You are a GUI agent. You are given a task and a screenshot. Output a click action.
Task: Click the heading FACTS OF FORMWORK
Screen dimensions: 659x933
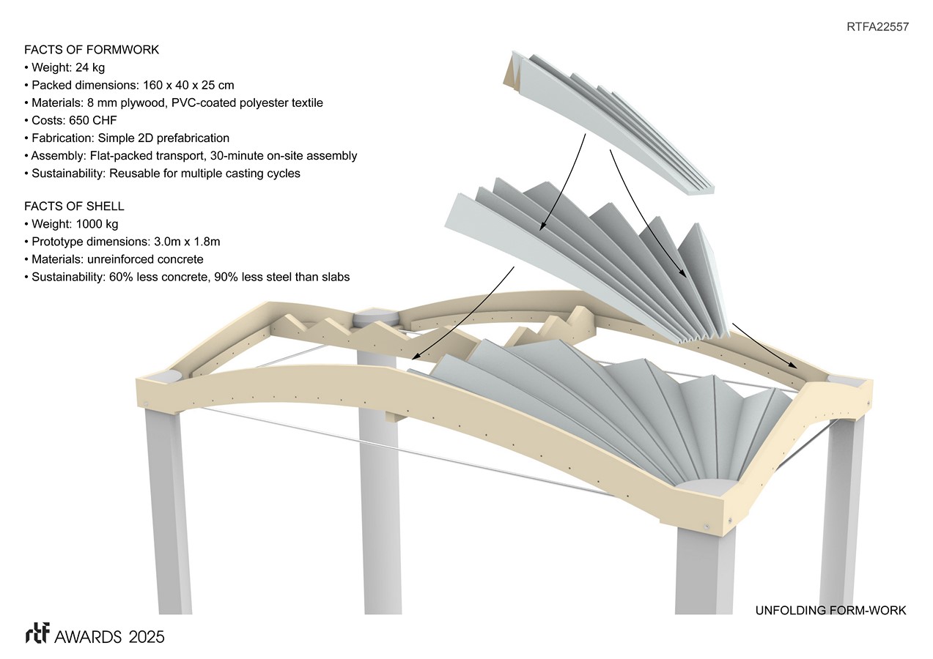coord(92,50)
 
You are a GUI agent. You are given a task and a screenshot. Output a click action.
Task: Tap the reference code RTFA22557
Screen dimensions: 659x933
coord(877,26)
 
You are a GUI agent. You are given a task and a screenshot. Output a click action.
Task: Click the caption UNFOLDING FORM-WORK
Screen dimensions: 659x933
coord(830,610)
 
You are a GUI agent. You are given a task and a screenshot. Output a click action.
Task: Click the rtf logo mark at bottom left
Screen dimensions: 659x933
coord(37,635)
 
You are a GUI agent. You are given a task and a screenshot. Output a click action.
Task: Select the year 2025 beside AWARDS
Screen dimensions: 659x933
coord(145,636)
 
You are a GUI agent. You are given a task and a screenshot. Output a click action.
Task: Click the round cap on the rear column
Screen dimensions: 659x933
coord(375,319)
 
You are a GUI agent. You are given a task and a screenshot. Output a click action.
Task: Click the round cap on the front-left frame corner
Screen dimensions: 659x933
coord(169,375)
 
